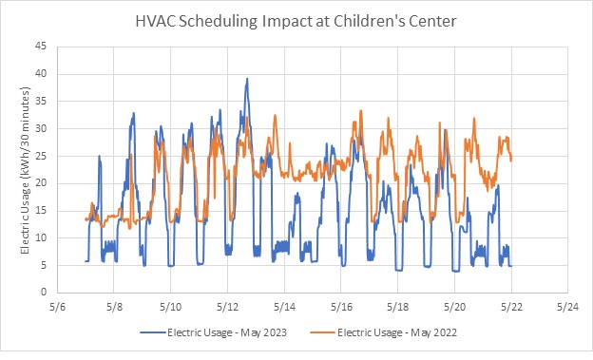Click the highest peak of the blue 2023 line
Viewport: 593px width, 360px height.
(x=247, y=79)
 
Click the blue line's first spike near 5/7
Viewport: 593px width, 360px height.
(x=99, y=156)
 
